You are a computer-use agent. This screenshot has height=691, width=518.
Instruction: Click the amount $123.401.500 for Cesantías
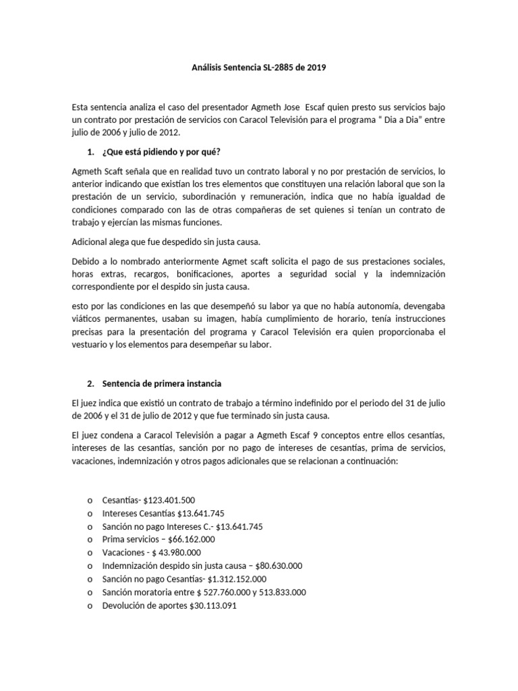click(x=169, y=500)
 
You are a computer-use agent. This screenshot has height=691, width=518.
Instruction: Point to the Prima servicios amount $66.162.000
click(x=187, y=539)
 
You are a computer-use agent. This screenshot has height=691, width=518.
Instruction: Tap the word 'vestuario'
click(x=92, y=345)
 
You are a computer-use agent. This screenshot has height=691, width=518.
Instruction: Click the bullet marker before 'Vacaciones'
click(x=90, y=553)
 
